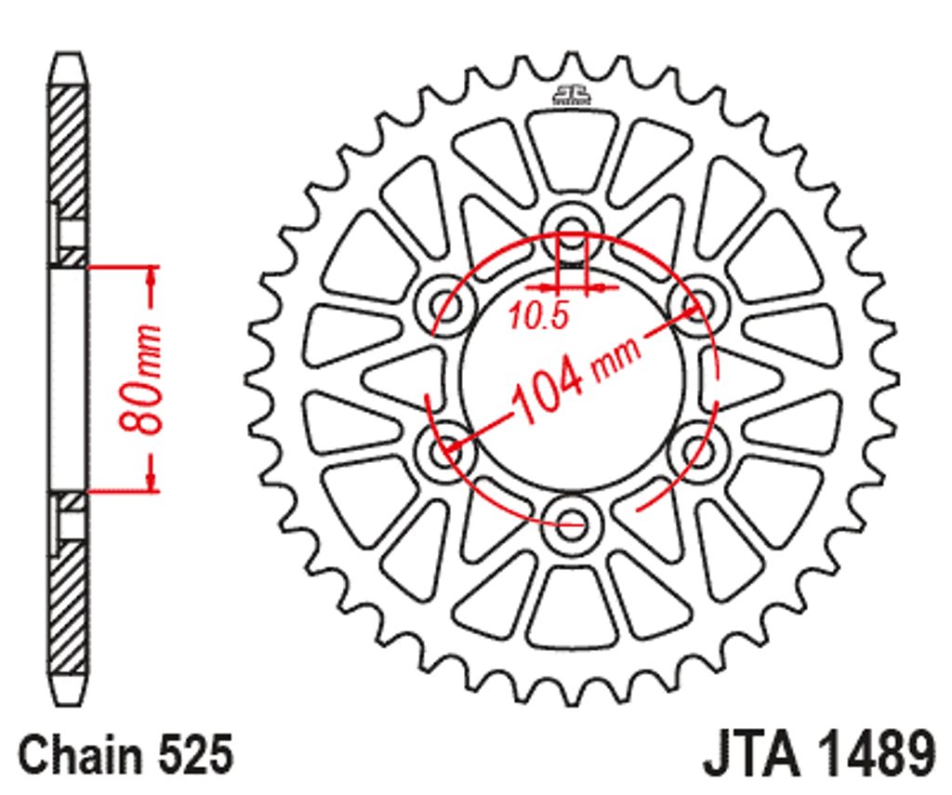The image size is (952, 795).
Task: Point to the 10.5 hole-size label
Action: [538, 316]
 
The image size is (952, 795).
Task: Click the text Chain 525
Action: [126, 754]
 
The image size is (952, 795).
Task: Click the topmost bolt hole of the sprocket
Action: [572, 232]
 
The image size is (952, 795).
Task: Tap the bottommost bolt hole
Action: [571, 523]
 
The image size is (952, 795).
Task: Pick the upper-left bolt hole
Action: [445, 304]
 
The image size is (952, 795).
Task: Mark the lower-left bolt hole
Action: [445, 451]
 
